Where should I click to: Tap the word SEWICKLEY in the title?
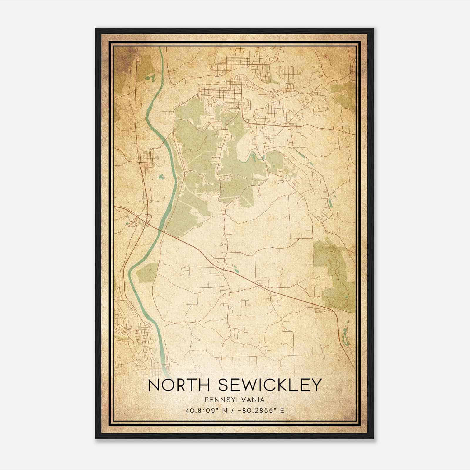pyautogui.click(x=270, y=385)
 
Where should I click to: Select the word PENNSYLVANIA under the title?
pyautogui.click(x=235, y=400)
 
